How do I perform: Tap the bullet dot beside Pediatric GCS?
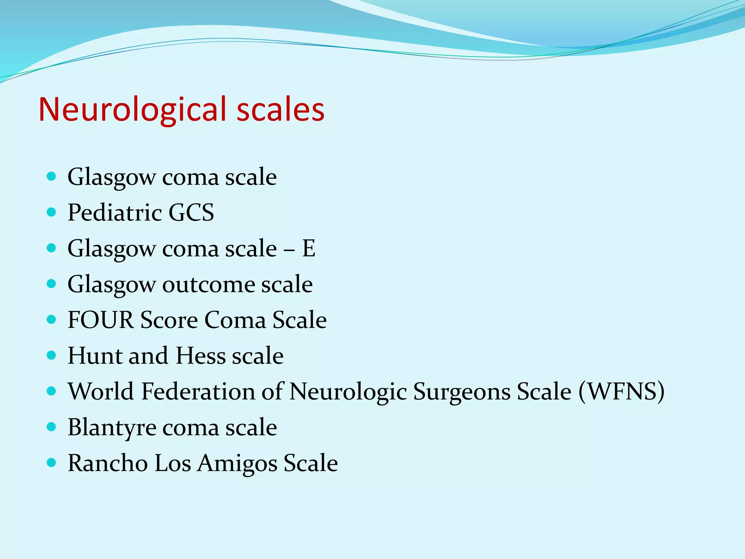click(x=52, y=212)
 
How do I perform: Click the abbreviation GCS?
click(x=191, y=213)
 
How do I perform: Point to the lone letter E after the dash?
click(x=309, y=249)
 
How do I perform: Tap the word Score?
click(x=169, y=320)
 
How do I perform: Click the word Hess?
click(x=200, y=356)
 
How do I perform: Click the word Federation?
click(x=198, y=392)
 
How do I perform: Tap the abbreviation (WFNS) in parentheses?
click(x=621, y=392)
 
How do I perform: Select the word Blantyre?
click(x=112, y=428)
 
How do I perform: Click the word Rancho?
click(x=108, y=463)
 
